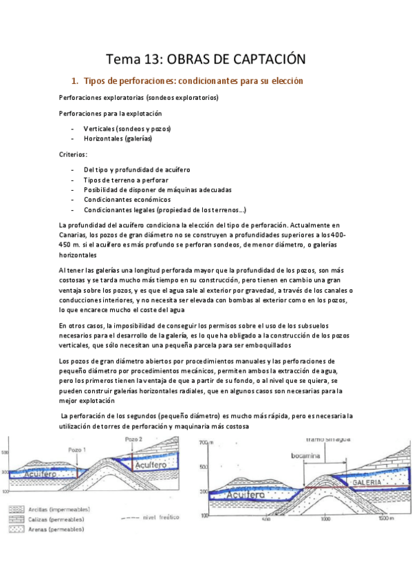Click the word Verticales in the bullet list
[99, 129]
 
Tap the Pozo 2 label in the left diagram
[134, 438]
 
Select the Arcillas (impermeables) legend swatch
[15, 510]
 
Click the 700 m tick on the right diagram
[204, 443]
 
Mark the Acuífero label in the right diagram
[238, 494]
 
